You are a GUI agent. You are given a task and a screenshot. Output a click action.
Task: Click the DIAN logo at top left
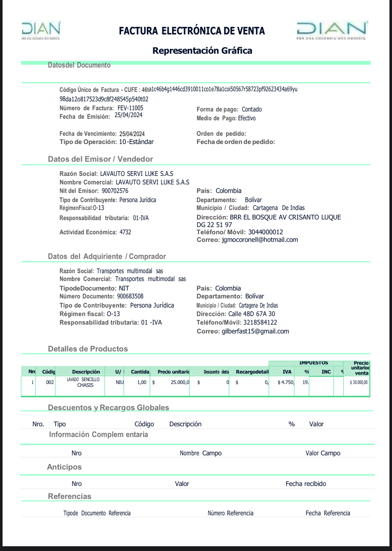[x=41, y=30]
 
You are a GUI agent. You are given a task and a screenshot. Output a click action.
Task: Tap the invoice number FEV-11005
[x=130, y=108]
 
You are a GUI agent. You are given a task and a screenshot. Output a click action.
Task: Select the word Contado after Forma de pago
[x=252, y=109]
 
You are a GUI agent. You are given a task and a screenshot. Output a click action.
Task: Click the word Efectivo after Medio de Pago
[x=247, y=118]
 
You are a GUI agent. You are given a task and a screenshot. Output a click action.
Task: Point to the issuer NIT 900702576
[x=115, y=191]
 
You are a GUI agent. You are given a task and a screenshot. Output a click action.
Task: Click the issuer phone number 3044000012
[x=265, y=232]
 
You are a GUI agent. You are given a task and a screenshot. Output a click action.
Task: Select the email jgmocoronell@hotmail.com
[x=260, y=240]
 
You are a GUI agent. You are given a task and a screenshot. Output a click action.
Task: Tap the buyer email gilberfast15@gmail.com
[x=255, y=331]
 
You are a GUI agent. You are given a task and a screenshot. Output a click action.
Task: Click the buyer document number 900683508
[x=130, y=296]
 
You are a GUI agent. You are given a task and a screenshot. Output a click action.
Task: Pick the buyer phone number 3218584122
[x=260, y=322]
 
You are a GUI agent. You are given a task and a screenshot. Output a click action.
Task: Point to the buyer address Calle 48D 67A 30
[x=252, y=314]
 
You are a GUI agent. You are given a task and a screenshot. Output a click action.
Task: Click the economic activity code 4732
[x=125, y=232]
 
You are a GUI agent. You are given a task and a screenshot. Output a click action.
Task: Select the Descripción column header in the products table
[x=86, y=372]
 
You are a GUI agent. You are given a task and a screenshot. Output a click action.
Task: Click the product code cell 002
[x=50, y=382]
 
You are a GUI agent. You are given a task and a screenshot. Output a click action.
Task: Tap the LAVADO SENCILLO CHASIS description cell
[x=83, y=382]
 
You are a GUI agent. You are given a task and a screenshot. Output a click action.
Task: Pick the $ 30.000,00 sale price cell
[x=359, y=382]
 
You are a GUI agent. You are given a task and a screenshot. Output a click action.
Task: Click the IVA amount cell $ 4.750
[x=286, y=382]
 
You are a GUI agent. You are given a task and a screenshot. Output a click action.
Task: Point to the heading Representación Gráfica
[x=202, y=51]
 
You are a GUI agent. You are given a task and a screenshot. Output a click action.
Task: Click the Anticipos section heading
[x=64, y=467]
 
